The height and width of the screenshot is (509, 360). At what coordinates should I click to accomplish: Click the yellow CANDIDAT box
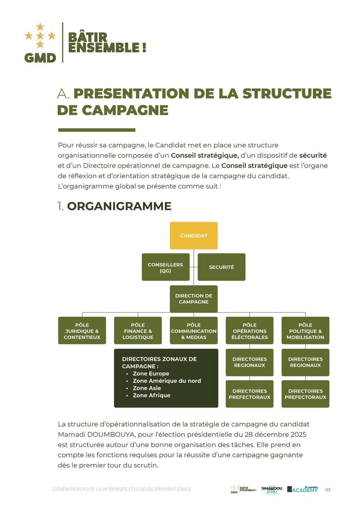click(193, 235)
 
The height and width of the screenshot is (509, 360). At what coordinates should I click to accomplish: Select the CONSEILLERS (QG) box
click(166, 267)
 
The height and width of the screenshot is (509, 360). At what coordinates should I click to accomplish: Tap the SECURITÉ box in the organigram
click(221, 267)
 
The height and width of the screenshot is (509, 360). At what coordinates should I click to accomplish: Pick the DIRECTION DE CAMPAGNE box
click(193, 299)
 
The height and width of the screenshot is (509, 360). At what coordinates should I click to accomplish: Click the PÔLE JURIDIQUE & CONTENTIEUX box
click(82, 331)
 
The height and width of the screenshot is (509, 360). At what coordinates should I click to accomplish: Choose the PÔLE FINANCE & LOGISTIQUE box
click(138, 331)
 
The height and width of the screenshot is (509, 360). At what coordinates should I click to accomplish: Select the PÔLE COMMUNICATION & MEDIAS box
click(193, 331)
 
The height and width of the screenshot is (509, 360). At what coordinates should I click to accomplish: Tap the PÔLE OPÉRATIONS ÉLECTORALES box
click(250, 331)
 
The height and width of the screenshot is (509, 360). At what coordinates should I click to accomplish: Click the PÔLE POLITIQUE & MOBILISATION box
click(305, 331)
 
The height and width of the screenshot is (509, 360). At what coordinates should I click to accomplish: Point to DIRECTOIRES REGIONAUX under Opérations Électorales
click(250, 362)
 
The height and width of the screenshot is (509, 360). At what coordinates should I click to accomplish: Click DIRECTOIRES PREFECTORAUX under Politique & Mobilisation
click(305, 394)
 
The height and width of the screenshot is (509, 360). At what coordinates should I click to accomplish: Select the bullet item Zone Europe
click(151, 374)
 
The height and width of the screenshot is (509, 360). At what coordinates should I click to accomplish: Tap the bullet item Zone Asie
click(147, 388)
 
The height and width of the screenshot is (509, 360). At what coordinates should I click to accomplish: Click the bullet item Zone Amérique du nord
click(167, 381)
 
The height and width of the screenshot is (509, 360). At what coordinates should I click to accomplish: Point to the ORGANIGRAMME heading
click(119, 206)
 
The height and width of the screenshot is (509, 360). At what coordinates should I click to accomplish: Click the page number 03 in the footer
click(328, 490)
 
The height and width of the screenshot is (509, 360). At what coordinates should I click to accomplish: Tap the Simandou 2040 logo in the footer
click(272, 490)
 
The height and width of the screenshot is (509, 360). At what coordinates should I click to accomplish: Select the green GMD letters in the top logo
click(40, 58)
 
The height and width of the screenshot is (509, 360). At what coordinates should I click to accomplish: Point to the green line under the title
click(97, 130)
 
